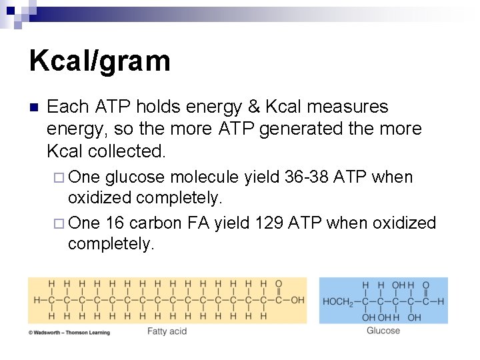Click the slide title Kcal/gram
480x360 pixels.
tap(100, 61)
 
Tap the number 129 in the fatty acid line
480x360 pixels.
tap(269, 223)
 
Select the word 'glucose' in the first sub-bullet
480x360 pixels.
tap(135, 177)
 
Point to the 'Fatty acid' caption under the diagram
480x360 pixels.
tap(167, 331)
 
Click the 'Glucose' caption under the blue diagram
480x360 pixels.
tap(383, 330)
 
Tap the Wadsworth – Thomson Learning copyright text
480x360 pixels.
tap(69, 332)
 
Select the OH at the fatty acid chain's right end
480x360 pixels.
tap(297, 300)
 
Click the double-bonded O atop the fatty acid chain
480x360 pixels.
tap(279, 283)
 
